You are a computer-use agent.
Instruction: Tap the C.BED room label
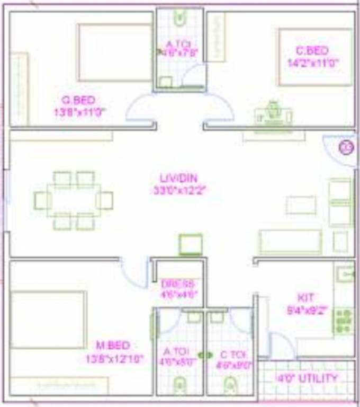pos(312,51)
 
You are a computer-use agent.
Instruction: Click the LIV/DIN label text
pos(179,178)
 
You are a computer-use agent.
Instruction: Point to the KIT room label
pos(305,297)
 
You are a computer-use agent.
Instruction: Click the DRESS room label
pos(177,283)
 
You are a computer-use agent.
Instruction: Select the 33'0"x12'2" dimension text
pos(179,190)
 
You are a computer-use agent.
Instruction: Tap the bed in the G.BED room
pos(115,52)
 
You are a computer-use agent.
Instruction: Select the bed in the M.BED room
pos(48,320)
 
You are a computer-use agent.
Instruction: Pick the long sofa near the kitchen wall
pos(290,242)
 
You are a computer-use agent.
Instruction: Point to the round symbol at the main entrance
pos(346,147)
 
